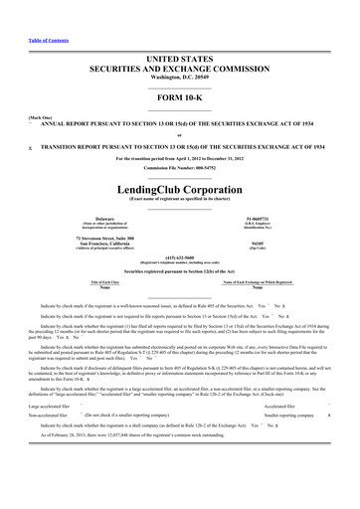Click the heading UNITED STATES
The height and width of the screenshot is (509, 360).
click(x=179, y=32)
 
